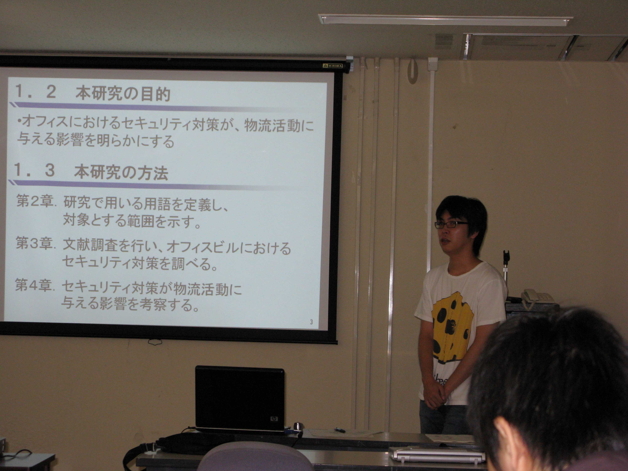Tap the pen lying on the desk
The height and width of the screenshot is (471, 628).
[x=340, y=430]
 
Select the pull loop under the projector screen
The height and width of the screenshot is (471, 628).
[x=155, y=342]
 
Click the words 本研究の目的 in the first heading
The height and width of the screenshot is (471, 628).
[x=123, y=94]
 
